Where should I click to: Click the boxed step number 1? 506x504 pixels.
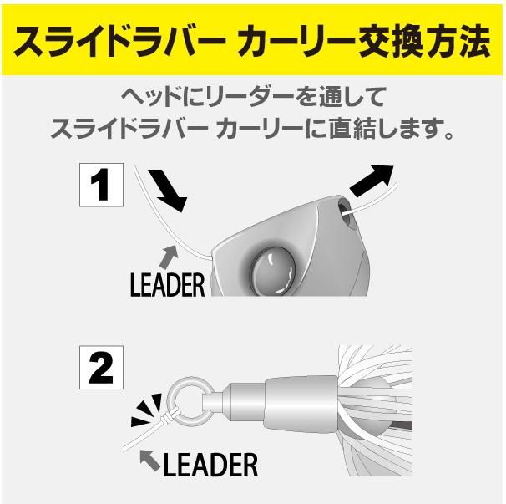coord(101,185)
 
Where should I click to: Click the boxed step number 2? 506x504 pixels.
coord(101,367)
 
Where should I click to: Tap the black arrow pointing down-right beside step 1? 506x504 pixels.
coord(168,190)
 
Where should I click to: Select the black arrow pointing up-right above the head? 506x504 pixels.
coord(372,181)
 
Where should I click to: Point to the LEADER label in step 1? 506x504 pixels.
coord(168,285)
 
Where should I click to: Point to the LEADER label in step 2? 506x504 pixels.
coord(210,465)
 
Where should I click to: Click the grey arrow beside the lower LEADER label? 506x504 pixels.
coord(150,460)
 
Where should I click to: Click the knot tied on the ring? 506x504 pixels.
coord(168,417)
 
